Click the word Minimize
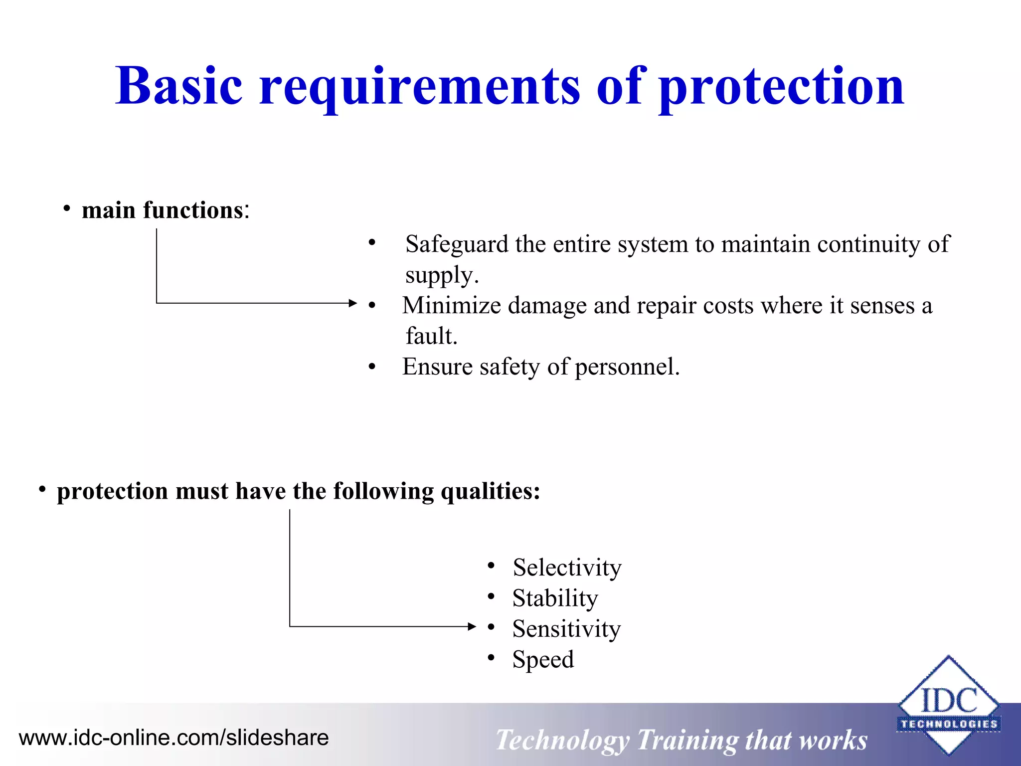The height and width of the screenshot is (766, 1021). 451,306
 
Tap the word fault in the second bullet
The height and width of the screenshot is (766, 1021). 430,336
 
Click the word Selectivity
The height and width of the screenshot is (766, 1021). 567,568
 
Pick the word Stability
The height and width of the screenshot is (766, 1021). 555,598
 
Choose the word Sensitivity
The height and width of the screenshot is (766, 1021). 566,629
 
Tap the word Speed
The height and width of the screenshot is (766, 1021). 543,660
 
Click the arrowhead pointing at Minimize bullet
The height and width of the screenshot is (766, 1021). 353,303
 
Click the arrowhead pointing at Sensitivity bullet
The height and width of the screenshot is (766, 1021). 472,626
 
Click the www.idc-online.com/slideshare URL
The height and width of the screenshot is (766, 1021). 173,738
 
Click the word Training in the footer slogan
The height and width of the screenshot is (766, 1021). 687,740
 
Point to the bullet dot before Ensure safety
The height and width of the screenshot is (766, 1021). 372,368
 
